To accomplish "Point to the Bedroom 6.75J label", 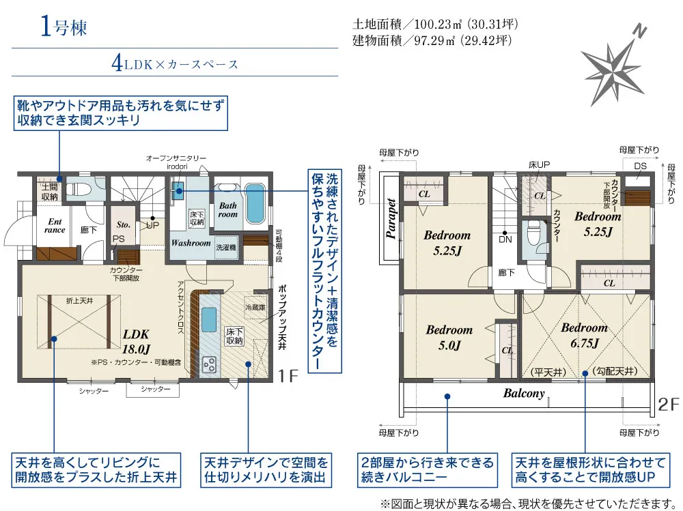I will click(x=584, y=335).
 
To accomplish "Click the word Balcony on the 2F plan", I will click(x=524, y=394).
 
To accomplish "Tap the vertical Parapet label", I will click(x=391, y=218).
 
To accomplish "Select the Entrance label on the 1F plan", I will click(x=55, y=226).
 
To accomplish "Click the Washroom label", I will click(x=191, y=243).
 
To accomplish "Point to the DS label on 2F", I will click(x=640, y=166).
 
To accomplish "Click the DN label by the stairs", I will click(x=505, y=240).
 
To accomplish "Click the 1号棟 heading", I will click(x=63, y=28).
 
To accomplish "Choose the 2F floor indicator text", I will click(x=669, y=405).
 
